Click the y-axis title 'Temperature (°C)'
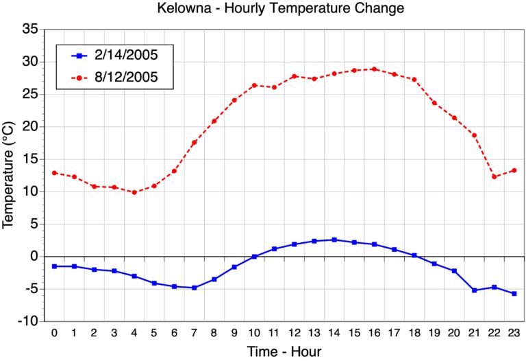[x=9, y=175]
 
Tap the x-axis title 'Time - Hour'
[x=284, y=351]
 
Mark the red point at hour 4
[x=134, y=192]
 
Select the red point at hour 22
[x=494, y=176]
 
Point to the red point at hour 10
[x=254, y=85]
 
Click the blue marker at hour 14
[x=334, y=240]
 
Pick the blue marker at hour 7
[x=194, y=288]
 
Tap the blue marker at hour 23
[x=514, y=293]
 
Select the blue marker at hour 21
[x=474, y=290]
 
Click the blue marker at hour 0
[x=54, y=266]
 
